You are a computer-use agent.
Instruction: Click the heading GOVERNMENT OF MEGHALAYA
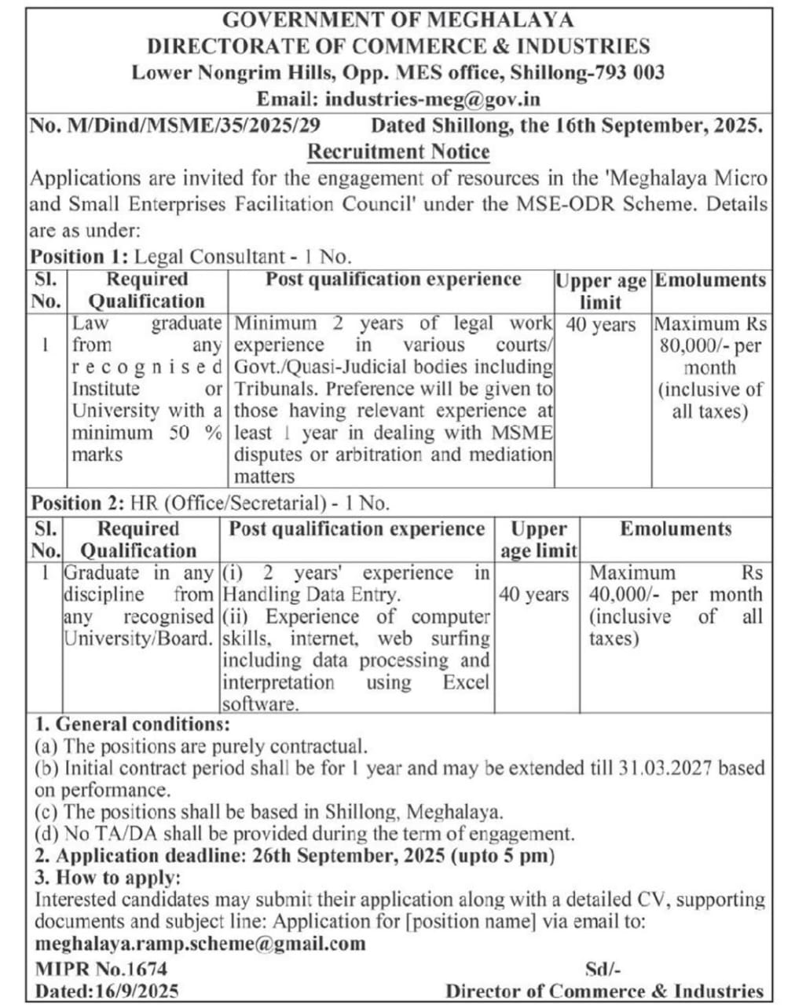click(397, 20)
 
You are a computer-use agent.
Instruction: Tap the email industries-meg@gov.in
click(432, 100)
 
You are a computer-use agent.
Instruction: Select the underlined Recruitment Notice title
click(397, 152)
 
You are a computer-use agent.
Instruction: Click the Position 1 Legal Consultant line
click(191, 256)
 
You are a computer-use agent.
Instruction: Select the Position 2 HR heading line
click(210, 502)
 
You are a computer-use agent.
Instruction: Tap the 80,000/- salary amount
click(693, 345)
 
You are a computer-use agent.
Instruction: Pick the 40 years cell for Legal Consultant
click(601, 324)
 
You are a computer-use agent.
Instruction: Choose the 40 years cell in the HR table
click(534, 594)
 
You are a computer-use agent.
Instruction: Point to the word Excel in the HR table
click(465, 682)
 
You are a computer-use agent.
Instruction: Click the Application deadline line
click(295, 856)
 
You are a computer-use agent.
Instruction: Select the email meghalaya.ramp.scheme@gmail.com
click(200, 943)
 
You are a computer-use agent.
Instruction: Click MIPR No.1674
click(101, 969)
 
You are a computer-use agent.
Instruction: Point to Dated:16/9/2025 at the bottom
click(107, 991)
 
